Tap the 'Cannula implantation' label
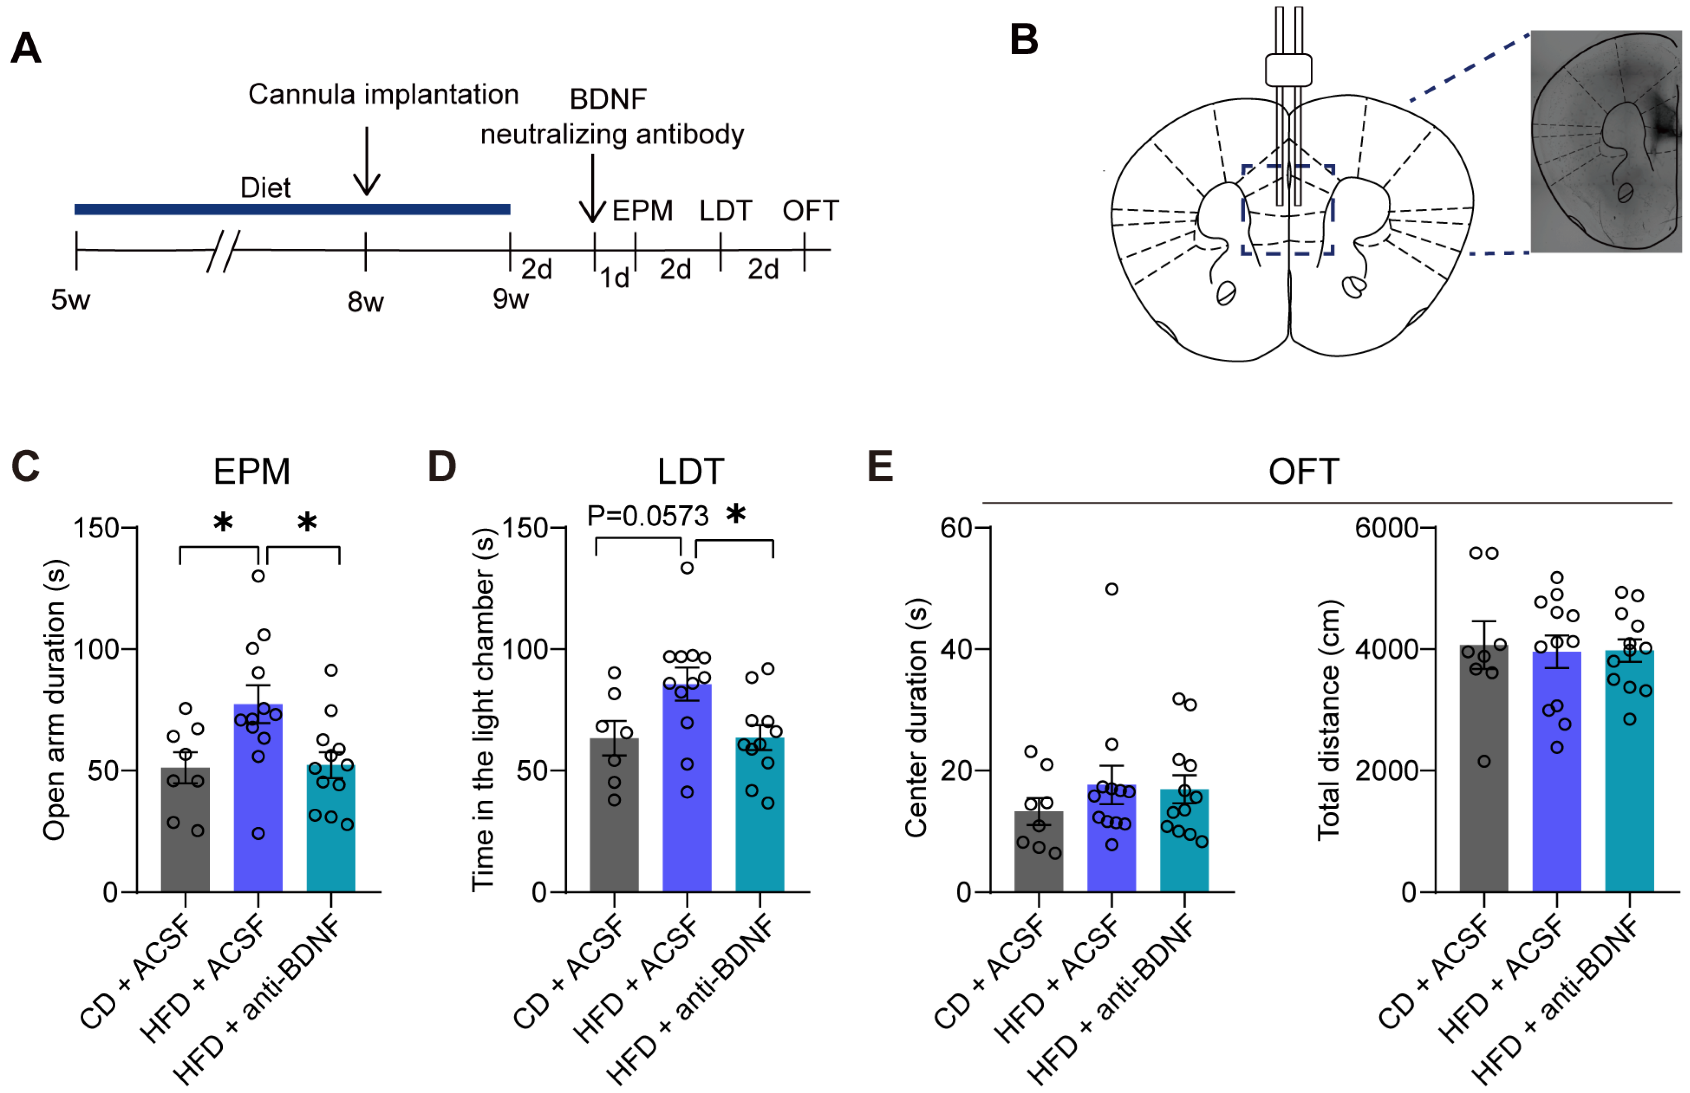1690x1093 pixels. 383,94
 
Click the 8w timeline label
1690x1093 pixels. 365,303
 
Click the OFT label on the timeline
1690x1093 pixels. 810,211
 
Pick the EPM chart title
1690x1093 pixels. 251,471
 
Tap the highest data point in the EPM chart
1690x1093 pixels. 258,576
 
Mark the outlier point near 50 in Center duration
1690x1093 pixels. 1111,589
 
